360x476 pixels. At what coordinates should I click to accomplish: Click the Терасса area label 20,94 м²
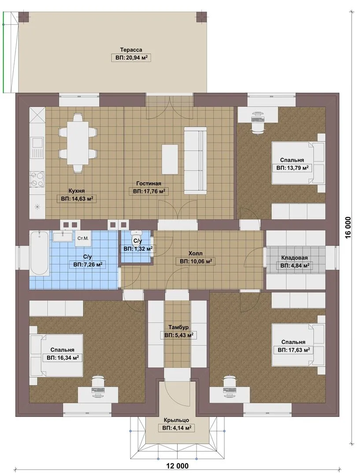pos(131,58)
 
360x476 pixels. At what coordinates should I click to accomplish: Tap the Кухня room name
pos(77,191)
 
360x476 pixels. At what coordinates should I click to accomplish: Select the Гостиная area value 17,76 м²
pos(149,192)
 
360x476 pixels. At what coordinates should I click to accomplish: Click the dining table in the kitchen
pos(78,143)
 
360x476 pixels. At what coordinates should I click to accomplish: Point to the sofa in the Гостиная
pos(196,160)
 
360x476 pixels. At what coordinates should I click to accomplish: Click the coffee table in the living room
pos(170,159)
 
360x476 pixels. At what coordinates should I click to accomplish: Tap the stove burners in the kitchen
pos(37,179)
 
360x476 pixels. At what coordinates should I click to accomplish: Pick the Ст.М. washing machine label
pos(83,238)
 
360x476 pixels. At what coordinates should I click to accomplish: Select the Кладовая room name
pos(294,258)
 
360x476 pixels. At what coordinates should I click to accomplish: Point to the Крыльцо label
pos(176,420)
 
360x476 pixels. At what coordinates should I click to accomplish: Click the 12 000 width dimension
pos(178,466)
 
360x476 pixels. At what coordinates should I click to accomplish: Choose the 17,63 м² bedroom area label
pos(293,350)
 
